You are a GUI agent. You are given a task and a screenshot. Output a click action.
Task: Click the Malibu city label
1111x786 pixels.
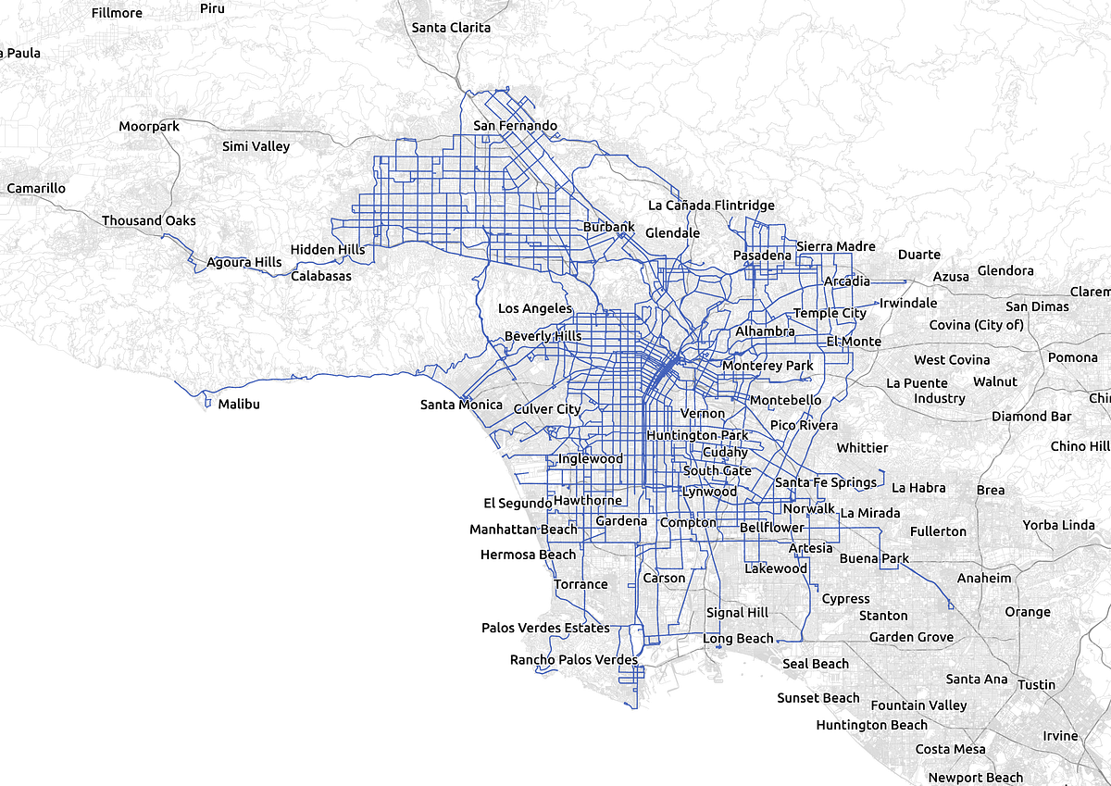[239, 405]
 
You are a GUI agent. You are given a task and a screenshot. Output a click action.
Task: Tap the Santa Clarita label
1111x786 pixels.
[451, 28]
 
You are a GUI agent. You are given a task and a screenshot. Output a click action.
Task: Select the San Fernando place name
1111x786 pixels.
[515, 126]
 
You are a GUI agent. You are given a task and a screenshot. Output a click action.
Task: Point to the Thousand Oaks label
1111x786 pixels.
[148, 221]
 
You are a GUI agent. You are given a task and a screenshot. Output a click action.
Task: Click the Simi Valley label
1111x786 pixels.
[256, 146]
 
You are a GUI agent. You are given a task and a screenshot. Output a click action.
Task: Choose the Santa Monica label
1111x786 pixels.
[461, 405]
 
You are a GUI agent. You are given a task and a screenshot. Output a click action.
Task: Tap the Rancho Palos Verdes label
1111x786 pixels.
[573, 660]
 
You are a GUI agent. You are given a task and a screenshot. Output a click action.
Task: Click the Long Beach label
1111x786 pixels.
[737, 639]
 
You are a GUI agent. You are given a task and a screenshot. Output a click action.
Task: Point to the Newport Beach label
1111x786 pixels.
[975, 778]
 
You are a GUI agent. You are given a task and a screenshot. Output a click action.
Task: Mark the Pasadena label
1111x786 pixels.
[762, 256]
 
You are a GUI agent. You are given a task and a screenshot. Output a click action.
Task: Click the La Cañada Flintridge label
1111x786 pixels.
[711, 206]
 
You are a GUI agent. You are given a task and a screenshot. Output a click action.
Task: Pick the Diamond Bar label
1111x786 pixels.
[1030, 417]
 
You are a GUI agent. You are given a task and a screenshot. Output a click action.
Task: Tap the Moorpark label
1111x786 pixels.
[149, 126]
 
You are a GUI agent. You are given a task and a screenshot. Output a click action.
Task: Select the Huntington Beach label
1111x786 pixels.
[871, 725]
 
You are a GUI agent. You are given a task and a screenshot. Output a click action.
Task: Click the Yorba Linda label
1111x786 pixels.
[1058, 525]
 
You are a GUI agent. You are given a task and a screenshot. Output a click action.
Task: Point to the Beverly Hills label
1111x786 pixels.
[543, 336]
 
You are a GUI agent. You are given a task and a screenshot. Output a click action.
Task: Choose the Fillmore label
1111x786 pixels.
[117, 13]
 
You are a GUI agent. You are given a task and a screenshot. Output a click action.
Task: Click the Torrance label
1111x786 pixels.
[580, 584]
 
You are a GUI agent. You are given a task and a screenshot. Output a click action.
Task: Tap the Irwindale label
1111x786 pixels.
[907, 304]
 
